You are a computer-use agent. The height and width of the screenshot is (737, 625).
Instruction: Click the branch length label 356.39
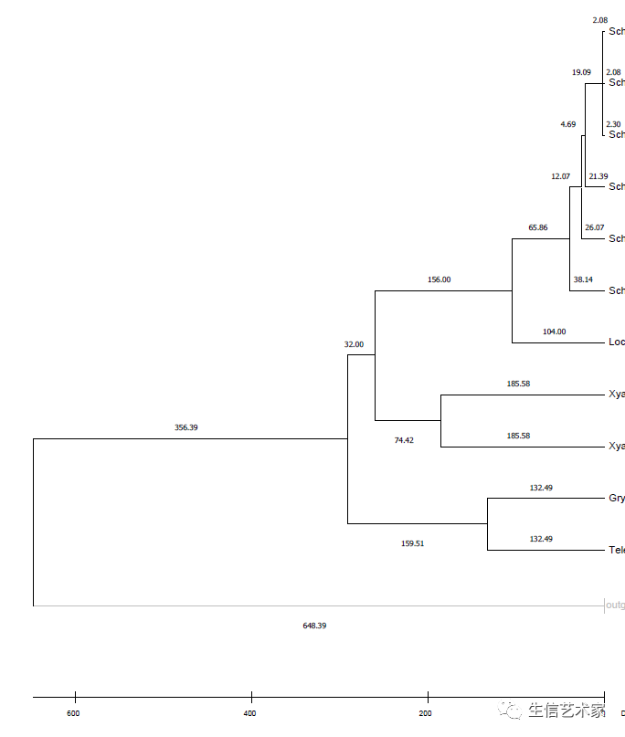click(x=186, y=427)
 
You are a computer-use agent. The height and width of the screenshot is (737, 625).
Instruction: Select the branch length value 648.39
click(x=314, y=626)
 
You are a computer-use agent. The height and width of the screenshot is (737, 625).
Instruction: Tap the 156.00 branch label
click(x=440, y=279)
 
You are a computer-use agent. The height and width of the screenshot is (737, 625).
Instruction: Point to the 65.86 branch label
click(x=538, y=227)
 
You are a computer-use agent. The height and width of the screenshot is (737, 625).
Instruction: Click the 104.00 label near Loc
click(x=554, y=332)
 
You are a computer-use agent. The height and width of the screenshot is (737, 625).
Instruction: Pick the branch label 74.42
click(x=404, y=440)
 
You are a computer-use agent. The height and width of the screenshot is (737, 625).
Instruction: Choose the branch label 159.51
click(x=413, y=543)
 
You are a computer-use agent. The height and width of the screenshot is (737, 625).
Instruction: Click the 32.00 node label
click(x=354, y=344)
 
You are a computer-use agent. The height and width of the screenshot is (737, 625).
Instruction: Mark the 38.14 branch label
click(x=583, y=279)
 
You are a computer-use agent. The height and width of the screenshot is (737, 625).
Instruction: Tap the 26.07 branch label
click(x=594, y=227)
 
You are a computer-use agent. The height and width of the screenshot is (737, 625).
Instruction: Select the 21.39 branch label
click(x=599, y=176)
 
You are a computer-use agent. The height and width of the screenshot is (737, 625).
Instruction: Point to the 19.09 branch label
click(x=581, y=72)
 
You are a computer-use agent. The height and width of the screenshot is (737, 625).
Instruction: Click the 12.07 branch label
click(x=560, y=176)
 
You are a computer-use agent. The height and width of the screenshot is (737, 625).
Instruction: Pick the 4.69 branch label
click(x=568, y=124)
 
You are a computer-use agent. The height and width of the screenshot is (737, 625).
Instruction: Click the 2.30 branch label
click(x=613, y=123)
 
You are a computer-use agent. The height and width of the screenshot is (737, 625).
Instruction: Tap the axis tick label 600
click(x=73, y=713)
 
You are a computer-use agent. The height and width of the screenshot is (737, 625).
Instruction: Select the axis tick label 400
click(x=249, y=713)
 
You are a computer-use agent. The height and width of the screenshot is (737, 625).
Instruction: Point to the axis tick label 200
click(x=426, y=713)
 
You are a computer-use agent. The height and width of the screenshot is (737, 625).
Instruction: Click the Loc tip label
click(x=617, y=342)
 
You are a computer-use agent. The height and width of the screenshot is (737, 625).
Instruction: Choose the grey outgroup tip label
click(x=615, y=605)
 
